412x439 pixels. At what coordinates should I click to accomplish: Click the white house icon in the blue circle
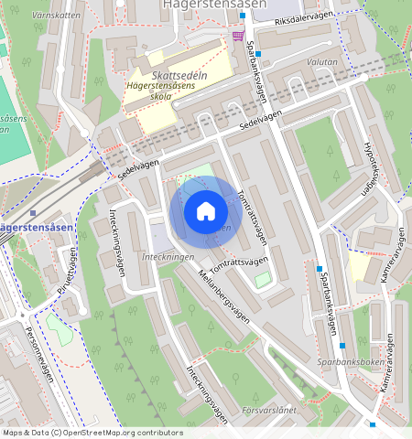click(x=206, y=211)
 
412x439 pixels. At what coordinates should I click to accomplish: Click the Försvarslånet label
click(x=274, y=412)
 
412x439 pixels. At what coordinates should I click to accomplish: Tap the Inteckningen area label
click(x=168, y=257)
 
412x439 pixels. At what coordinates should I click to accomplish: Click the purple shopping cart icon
click(x=239, y=36)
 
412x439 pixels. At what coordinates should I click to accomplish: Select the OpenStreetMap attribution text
click(x=92, y=432)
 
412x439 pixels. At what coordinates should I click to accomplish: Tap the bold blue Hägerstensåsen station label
click(x=35, y=227)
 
